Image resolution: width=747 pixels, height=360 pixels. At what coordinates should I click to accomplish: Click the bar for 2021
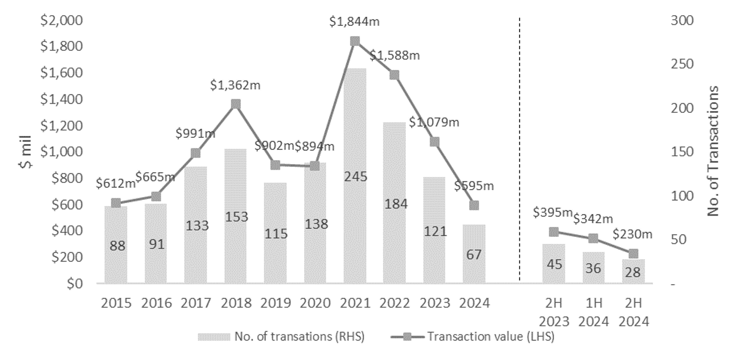[x=355, y=176]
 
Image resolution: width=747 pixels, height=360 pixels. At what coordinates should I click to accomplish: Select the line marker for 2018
[x=236, y=104]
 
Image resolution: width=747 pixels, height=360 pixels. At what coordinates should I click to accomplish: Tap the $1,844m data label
[x=355, y=22]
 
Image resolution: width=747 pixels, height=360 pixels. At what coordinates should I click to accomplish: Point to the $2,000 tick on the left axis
[x=62, y=21]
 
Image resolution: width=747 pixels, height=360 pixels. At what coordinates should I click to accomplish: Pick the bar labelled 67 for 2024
[x=474, y=254]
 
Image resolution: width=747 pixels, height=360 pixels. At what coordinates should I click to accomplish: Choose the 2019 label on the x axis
[x=275, y=303]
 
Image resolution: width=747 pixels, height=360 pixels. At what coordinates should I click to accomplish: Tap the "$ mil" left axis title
[x=26, y=152]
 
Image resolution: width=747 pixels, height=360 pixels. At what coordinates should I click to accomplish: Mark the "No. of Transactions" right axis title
[x=713, y=151]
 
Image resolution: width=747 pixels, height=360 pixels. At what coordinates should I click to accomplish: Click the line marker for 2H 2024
[x=633, y=254]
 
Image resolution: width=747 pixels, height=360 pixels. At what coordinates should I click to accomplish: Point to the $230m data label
[x=632, y=235]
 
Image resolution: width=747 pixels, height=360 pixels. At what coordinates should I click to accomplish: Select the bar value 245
[x=355, y=176]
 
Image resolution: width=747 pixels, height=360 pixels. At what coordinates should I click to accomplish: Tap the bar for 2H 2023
[x=554, y=264]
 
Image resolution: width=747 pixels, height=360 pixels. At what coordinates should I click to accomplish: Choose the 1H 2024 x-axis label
[x=594, y=312]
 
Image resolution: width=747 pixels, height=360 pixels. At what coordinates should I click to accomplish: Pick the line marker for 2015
[x=116, y=203]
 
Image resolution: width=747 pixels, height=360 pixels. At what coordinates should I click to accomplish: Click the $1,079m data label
[x=434, y=123]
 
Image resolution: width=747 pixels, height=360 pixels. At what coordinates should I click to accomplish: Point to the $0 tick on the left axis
[x=74, y=284]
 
